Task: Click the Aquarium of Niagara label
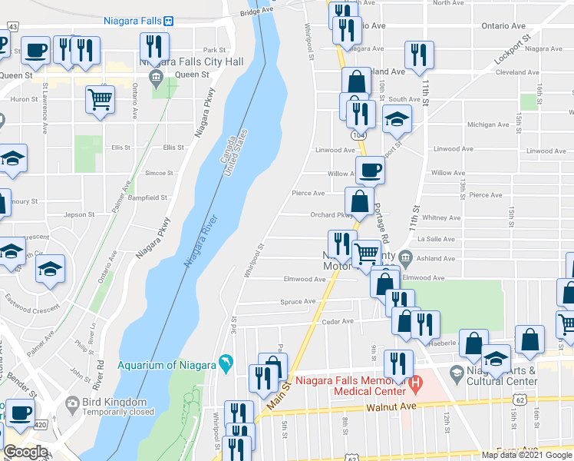[x=166, y=364]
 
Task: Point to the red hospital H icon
[x=416, y=381]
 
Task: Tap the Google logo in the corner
[x=25, y=453]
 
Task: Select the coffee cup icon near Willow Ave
[x=370, y=171]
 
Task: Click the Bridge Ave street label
[x=256, y=12]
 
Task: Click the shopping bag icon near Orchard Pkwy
[x=359, y=202]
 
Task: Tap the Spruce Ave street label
[x=298, y=301]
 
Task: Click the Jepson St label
[x=78, y=214]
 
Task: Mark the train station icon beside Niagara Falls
[x=167, y=22]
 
